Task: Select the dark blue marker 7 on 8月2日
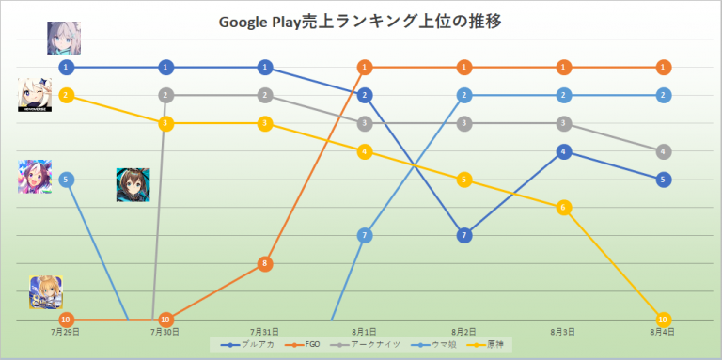click(x=463, y=235)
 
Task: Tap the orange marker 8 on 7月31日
click(x=265, y=263)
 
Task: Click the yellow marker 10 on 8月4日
click(x=664, y=320)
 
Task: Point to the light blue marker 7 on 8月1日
click(x=365, y=235)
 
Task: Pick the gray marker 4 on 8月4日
click(x=664, y=151)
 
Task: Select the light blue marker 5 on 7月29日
click(x=66, y=179)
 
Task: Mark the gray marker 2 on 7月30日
click(x=165, y=95)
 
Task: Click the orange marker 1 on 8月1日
click(x=365, y=67)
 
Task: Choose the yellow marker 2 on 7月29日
click(x=66, y=95)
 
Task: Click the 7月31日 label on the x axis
click(x=265, y=332)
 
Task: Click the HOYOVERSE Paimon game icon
click(x=35, y=94)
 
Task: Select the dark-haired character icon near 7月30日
click(x=133, y=184)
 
